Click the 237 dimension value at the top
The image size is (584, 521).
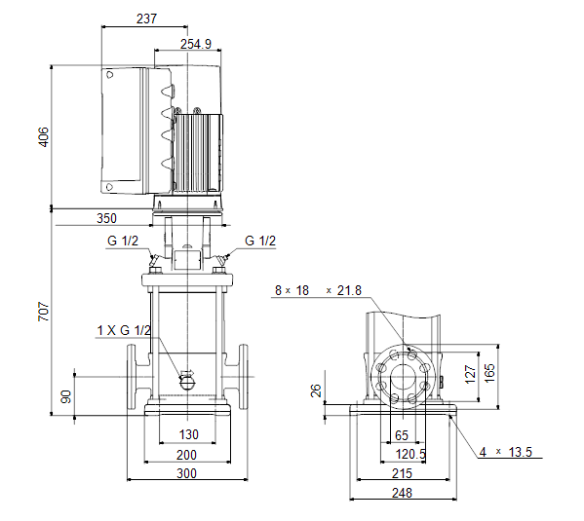147,19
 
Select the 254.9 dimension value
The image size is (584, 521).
196,44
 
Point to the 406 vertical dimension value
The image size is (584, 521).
44,137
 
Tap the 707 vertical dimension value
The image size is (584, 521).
44,312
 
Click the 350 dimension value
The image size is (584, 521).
107,218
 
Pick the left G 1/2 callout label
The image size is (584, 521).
123,241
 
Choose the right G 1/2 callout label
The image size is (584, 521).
260,241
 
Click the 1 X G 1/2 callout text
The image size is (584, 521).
125,330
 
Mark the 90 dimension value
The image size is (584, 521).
66,396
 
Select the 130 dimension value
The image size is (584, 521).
189,434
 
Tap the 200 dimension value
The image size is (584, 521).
186,455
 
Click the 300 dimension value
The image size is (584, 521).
186,473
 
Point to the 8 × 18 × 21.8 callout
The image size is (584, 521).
318,290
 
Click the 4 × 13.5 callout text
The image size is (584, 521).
506,452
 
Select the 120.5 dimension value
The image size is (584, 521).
410,454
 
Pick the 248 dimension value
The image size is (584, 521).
403,493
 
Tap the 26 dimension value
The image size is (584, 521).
316,391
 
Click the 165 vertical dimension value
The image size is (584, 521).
489,373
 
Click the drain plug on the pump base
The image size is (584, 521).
188,381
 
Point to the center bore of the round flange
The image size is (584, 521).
403,377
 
